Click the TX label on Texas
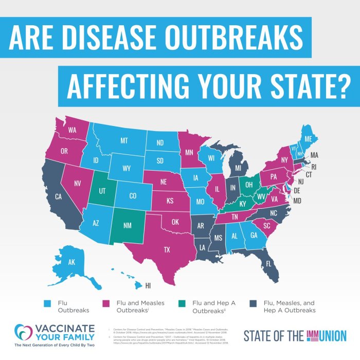[x=167, y=250]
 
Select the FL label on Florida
[x=268, y=264]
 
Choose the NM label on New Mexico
[x=128, y=224]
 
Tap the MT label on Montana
[x=124, y=140]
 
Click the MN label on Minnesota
[x=189, y=152]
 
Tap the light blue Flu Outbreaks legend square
[x=48, y=303]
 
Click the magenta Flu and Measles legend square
[x=107, y=303]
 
